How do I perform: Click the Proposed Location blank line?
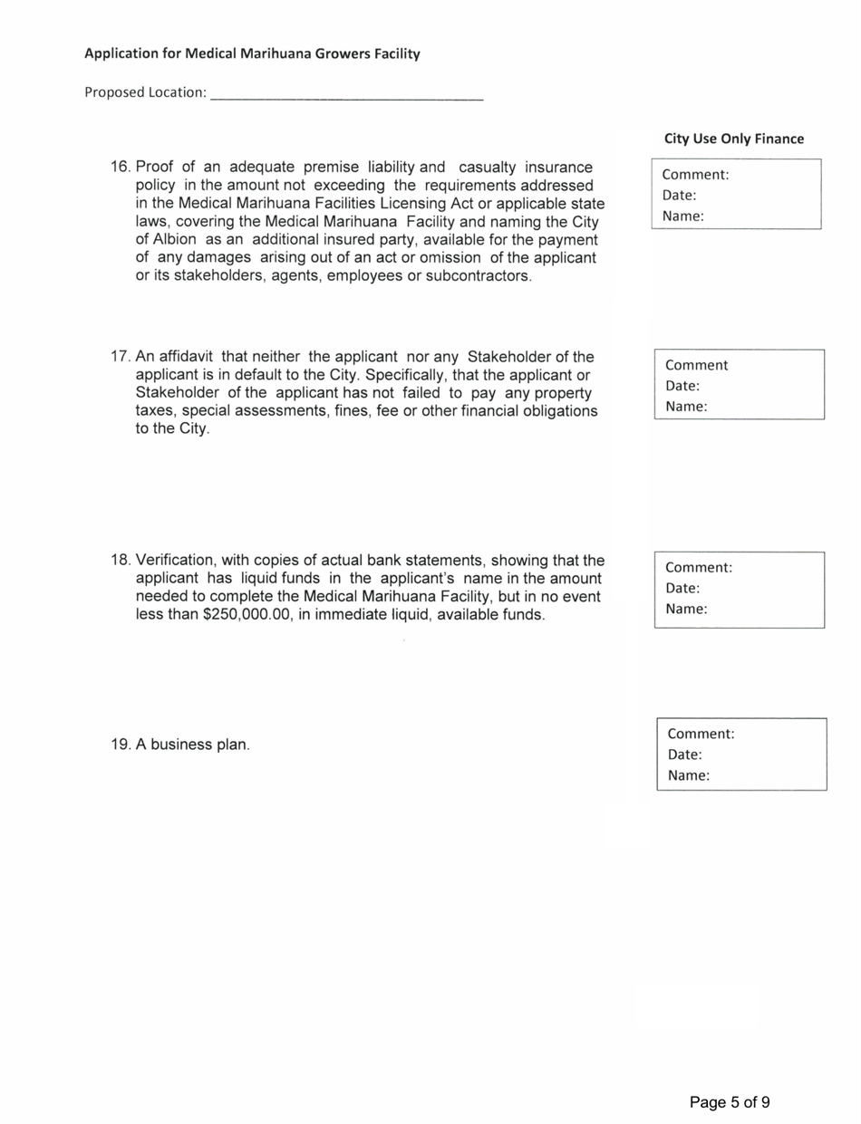[x=346, y=94]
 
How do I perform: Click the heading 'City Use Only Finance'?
[x=733, y=139]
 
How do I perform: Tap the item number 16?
[x=121, y=168]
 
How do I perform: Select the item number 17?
[x=121, y=357]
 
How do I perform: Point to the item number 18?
[x=121, y=561]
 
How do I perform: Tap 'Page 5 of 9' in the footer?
[x=730, y=1102]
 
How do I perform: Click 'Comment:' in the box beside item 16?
[x=695, y=175]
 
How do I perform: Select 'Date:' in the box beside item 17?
[x=682, y=386]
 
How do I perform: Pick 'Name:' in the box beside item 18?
[x=685, y=609]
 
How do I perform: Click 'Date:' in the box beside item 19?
[x=685, y=754]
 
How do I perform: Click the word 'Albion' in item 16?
[x=160, y=240]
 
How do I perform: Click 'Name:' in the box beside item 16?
[x=682, y=216]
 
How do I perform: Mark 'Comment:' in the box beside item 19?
[x=701, y=734]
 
